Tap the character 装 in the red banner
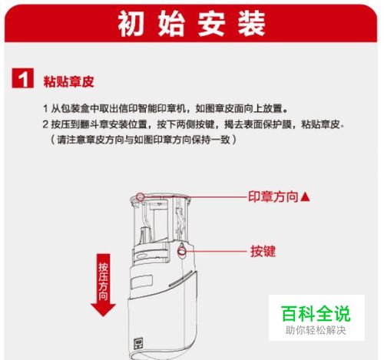click(251, 24)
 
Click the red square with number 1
click(23, 78)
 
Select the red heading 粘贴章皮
click(68, 81)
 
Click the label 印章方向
click(273, 197)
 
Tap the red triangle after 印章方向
click(305, 197)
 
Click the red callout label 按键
click(263, 251)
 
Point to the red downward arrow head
click(103, 310)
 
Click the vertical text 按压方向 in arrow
click(103, 281)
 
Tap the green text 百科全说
click(316, 313)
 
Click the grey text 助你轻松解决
click(316, 330)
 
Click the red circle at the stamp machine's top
click(140, 197)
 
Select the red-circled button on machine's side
click(182, 251)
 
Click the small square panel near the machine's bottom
click(139, 344)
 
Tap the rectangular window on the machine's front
click(138, 282)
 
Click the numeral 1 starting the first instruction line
click(45, 108)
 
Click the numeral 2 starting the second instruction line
click(45, 124)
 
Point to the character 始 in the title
click(171, 24)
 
